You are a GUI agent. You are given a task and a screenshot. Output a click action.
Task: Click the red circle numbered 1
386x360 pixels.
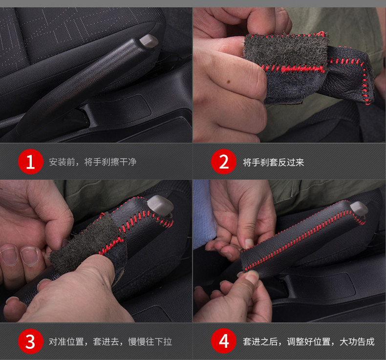30,162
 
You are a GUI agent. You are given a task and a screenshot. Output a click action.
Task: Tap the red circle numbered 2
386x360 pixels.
223,162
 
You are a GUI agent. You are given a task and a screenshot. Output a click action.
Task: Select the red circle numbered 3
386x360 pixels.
30,341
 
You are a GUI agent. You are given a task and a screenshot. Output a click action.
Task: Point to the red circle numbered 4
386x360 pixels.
223,341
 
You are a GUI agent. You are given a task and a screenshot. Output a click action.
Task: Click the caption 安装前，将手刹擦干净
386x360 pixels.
92,162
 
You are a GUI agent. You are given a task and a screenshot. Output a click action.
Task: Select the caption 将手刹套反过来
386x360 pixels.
274,162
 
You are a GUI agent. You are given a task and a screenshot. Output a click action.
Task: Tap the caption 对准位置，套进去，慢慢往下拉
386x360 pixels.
110,341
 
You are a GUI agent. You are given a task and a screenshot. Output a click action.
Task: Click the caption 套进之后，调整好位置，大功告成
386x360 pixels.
309,341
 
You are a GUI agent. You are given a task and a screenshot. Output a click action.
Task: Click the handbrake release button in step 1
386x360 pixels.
149,41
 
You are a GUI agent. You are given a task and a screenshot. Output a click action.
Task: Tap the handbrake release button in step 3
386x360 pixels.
160,205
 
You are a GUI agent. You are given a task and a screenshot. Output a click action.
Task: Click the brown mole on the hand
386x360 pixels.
228,81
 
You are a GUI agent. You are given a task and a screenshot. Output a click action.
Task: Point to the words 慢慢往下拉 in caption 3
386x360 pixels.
150,341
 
